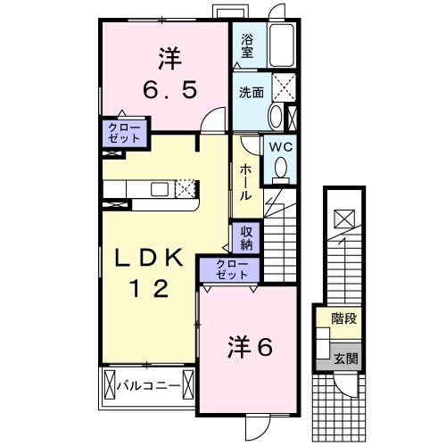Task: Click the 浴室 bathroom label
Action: click(x=246, y=46)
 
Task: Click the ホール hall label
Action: click(x=244, y=181)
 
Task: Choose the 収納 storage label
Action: click(x=244, y=238)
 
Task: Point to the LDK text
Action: click(x=148, y=259)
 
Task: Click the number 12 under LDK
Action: click(x=148, y=289)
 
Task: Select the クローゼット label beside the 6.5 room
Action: click(x=123, y=134)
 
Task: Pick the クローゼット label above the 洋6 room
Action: click(x=228, y=268)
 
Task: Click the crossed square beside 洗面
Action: click(x=285, y=89)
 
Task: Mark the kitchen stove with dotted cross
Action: click(x=186, y=188)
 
